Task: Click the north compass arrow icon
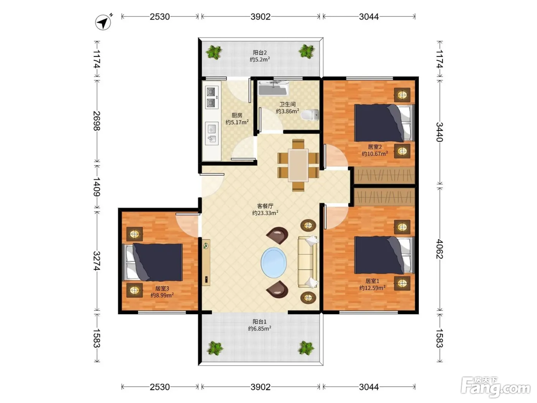pos(103,23)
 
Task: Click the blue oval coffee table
pos(274,263)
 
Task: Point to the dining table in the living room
pos(298,165)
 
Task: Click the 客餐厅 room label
pos(265,206)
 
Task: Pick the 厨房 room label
pos(237,115)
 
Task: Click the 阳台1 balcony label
pos(260,322)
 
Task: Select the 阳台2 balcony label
pos(260,52)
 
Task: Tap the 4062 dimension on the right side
pos(440,249)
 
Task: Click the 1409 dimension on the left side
pos(97,187)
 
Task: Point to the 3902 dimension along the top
pos(260,17)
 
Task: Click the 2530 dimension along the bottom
pos(160,387)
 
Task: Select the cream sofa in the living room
pos(308,262)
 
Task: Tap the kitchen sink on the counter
pos(212,134)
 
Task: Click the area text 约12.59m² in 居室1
pos(372,288)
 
